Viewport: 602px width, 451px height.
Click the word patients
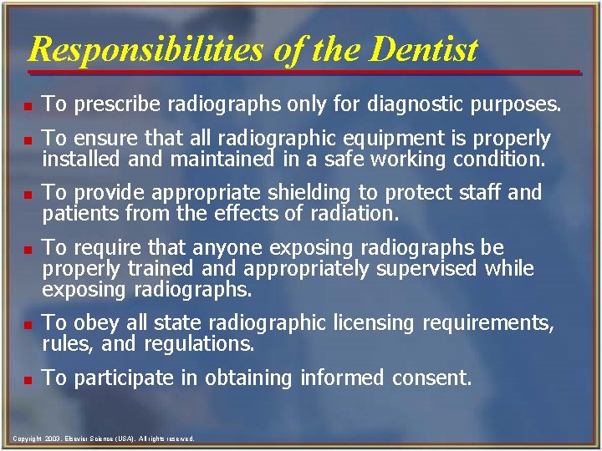tap(81, 213)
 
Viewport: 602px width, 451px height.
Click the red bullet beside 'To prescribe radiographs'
tap(28, 107)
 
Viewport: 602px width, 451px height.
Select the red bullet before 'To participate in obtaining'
tap(28, 380)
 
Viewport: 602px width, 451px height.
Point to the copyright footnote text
tap(105, 438)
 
